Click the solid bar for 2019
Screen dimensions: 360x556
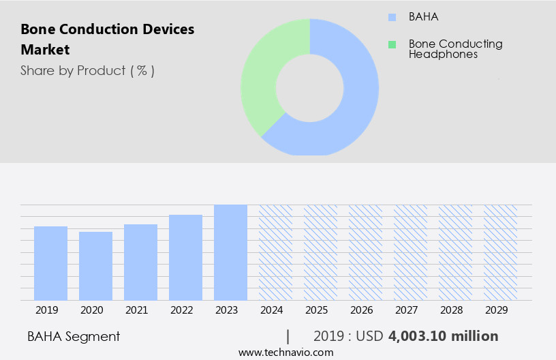point(50,263)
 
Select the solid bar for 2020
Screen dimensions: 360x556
point(95,266)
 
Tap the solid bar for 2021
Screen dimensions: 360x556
point(140,262)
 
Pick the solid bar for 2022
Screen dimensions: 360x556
point(185,258)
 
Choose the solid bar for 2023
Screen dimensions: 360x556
point(230,252)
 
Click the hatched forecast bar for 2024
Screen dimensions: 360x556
point(275,252)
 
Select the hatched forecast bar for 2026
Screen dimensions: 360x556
point(365,252)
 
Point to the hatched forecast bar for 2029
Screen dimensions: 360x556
point(500,252)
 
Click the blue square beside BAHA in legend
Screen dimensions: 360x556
point(392,17)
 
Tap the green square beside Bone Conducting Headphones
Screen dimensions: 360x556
point(392,44)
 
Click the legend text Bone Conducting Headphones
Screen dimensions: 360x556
point(455,48)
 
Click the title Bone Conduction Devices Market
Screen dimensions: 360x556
point(107,39)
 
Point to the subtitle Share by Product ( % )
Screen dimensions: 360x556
point(87,70)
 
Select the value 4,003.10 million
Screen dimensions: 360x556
point(443,336)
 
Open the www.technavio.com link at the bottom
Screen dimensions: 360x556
point(285,352)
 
